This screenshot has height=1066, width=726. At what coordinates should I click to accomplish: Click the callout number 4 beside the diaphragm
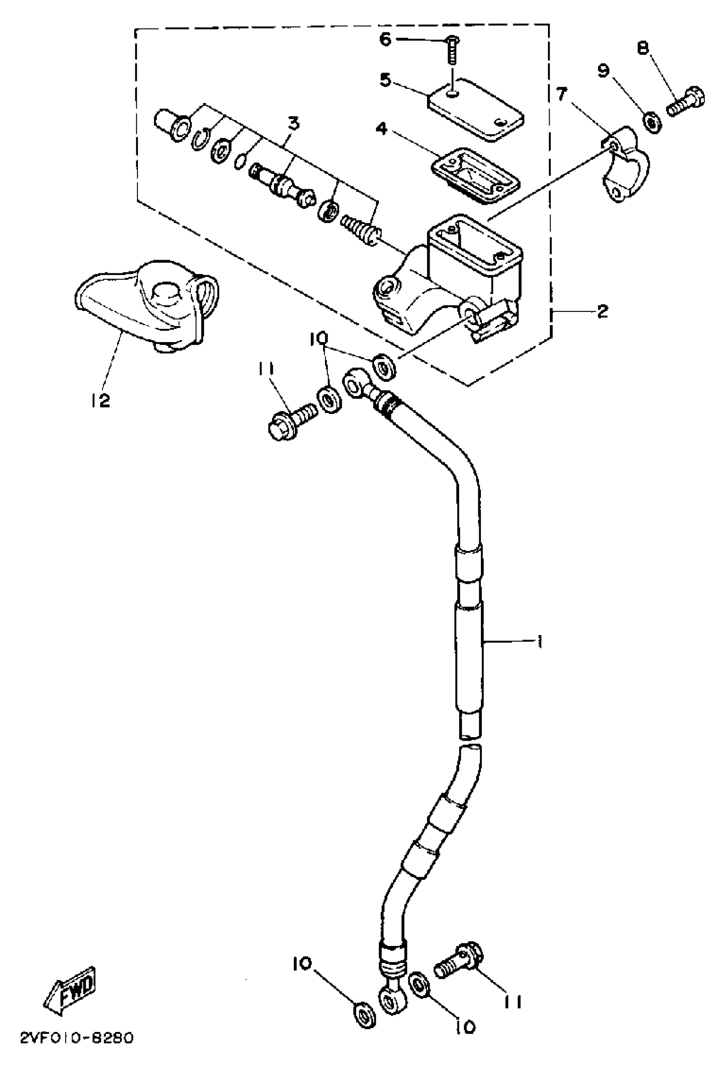pos(381,129)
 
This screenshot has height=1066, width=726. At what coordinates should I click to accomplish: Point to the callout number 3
pos(293,123)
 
